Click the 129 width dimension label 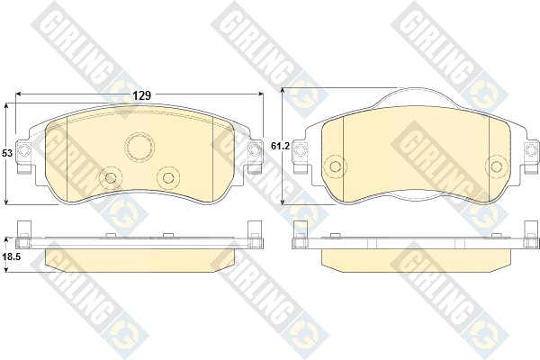[141, 94]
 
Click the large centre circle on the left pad [139, 147]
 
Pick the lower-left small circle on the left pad [112, 177]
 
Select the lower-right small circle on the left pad [167, 175]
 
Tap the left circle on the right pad [336, 166]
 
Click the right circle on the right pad [495, 166]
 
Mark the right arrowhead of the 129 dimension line [264, 94]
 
